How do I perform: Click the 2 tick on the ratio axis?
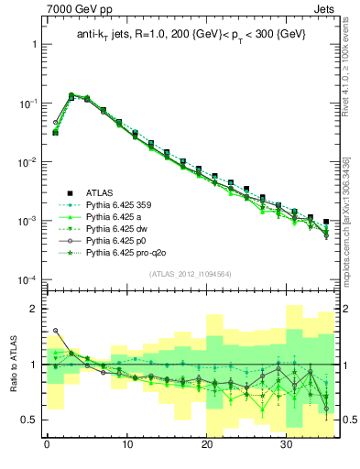(33, 309)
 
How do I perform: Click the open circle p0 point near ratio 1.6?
(55, 331)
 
